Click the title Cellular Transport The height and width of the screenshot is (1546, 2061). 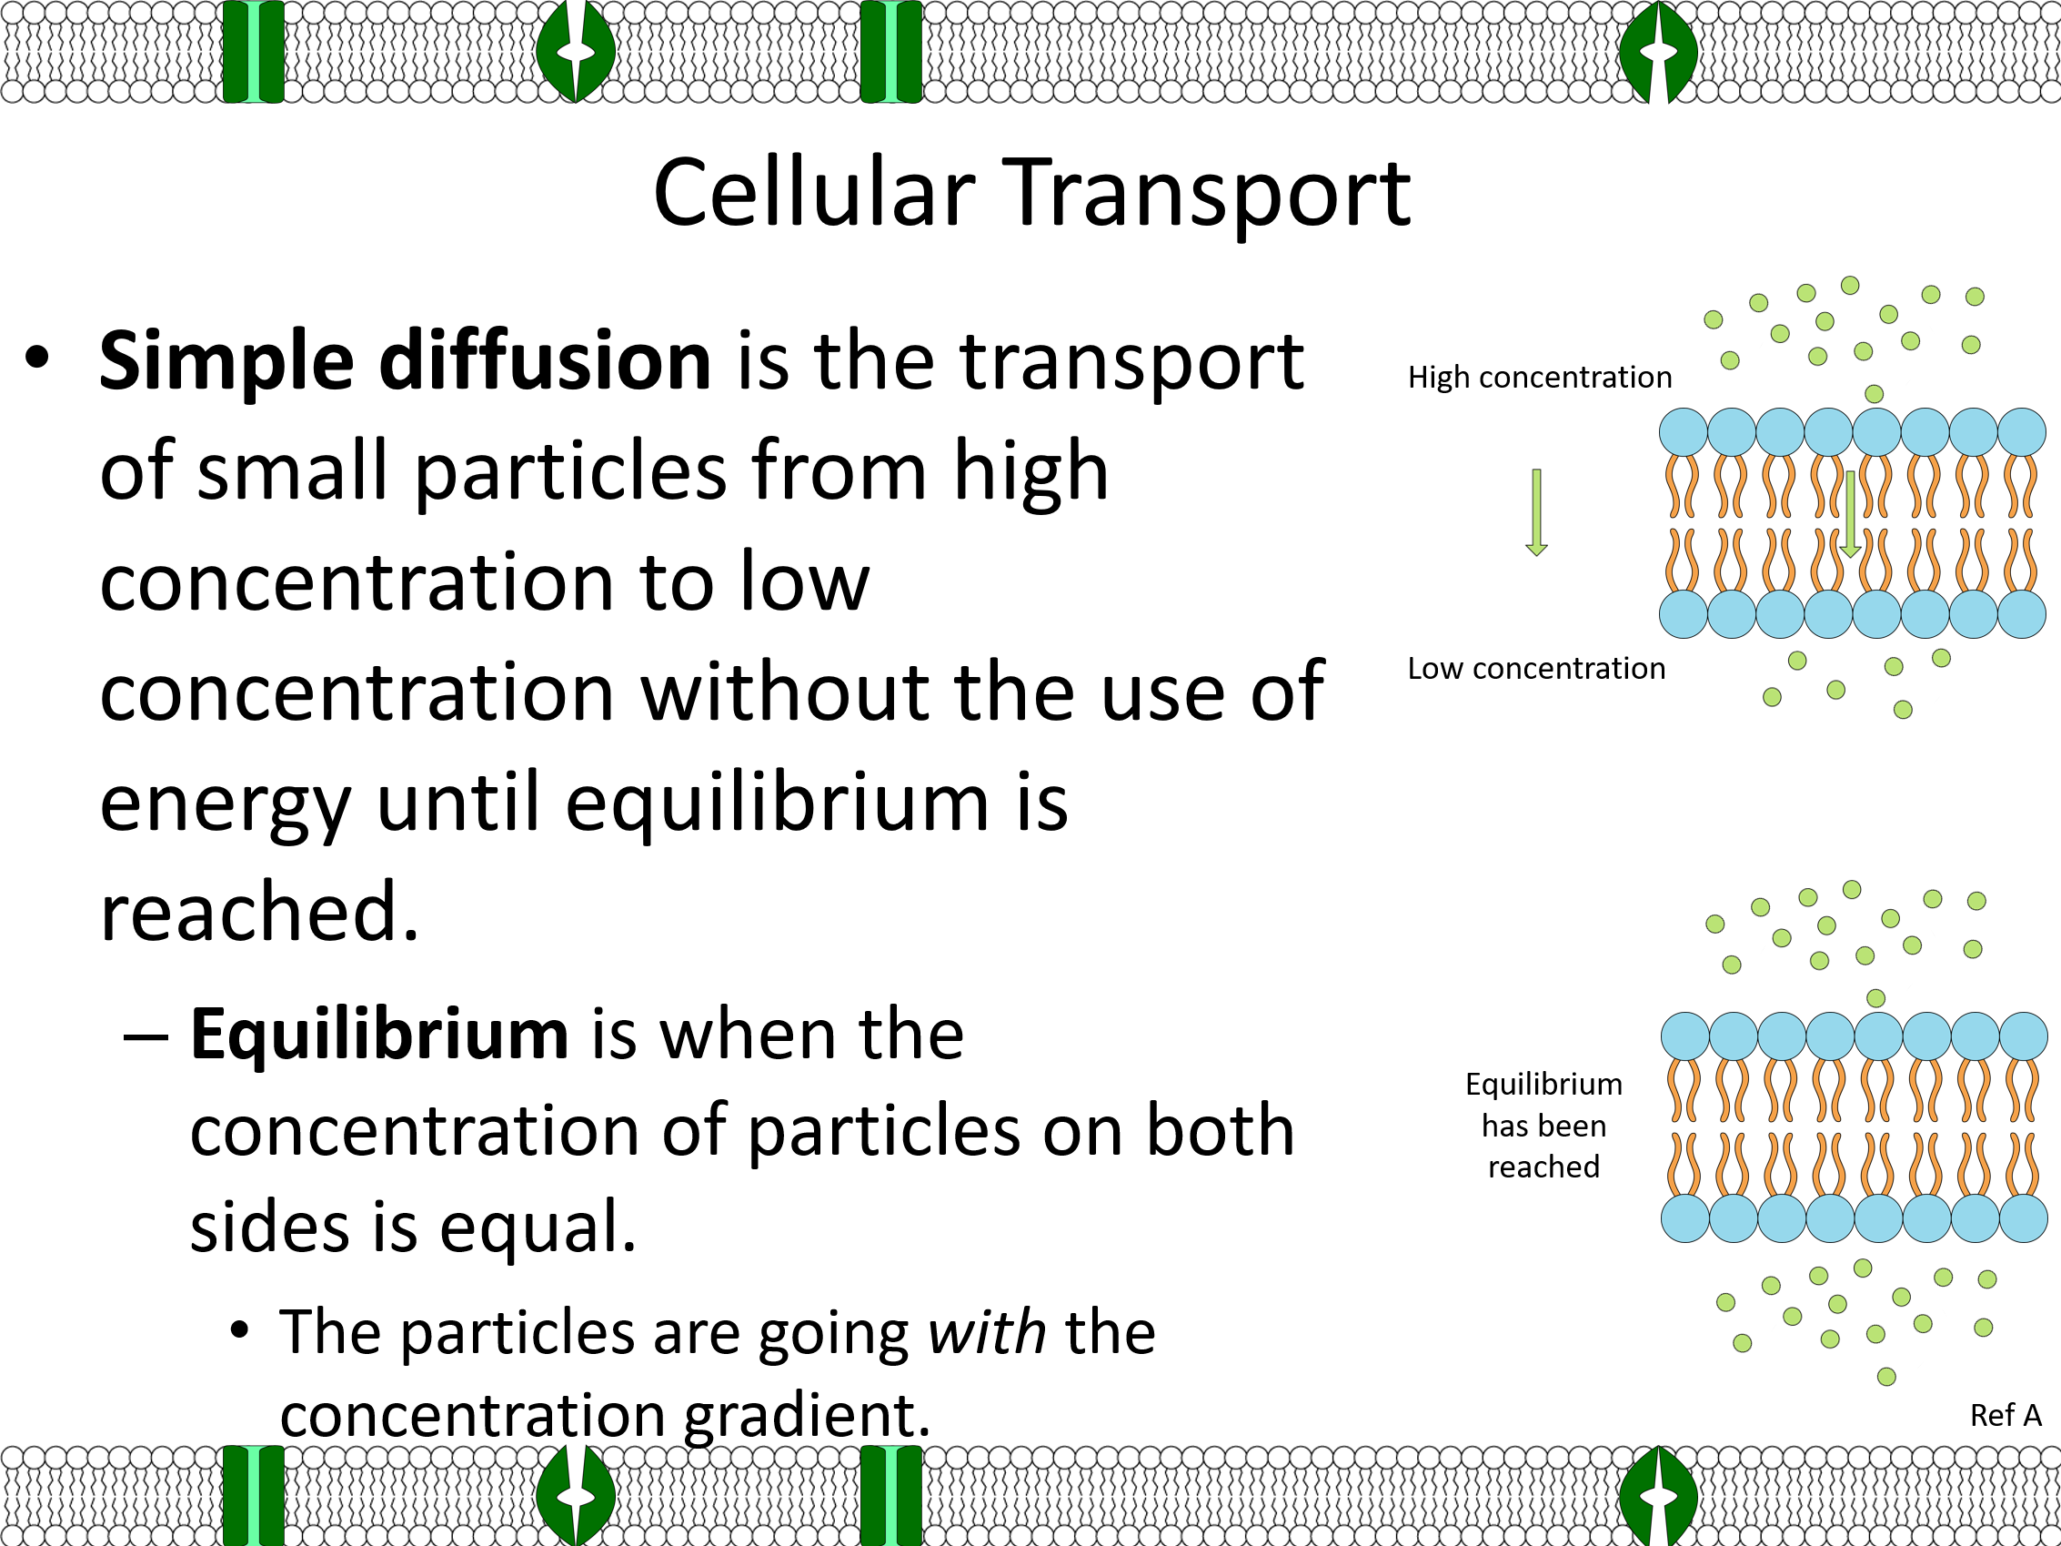click(1031, 193)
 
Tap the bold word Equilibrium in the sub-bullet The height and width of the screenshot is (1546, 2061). click(379, 1036)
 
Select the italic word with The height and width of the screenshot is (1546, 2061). click(988, 1331)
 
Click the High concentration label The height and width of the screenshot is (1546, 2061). click(1540, 378)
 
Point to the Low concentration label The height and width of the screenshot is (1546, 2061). click(1536, 668)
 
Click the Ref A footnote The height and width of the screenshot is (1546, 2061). click(2006, 1416)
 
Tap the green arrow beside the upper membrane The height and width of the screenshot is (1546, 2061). click(1536, 511)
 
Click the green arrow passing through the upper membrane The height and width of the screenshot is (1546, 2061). click(1850, 514)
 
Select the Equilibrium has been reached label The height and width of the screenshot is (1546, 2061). click(1543, 1125)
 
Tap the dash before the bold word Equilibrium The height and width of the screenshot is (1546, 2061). click(146, 1036)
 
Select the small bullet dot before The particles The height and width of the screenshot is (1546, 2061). click(240, 1329)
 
